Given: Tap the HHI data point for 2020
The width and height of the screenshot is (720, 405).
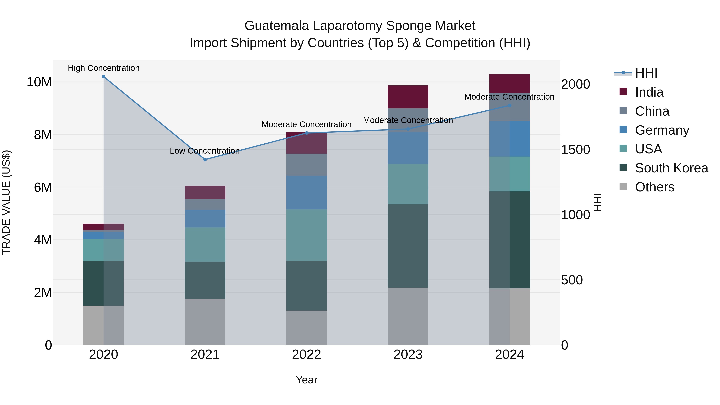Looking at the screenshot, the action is pos(103,77).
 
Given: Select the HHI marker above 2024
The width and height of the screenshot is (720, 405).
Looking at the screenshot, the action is pos(510,106).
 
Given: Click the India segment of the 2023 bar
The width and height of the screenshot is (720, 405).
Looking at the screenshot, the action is pos(408,97).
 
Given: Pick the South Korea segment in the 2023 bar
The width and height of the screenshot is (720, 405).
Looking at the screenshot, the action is pos(408,246).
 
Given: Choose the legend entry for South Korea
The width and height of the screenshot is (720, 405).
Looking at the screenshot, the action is pos(671,168).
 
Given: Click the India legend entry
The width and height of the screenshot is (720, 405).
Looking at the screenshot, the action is pos(649,92).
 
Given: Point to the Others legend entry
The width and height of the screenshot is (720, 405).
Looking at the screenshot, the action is pos(654,187).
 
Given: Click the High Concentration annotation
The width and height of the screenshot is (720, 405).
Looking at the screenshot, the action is pos(103,68).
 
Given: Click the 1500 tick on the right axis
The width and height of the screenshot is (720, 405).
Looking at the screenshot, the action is pos(575,150).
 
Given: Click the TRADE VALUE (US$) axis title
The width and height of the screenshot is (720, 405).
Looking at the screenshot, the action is pos(6,202).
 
